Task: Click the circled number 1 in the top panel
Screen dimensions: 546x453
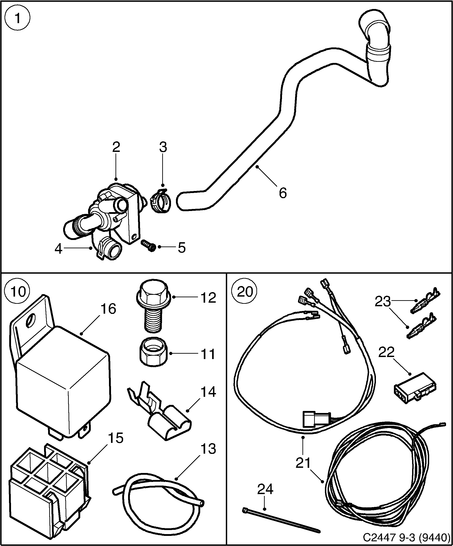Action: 18,18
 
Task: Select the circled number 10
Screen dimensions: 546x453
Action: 18,291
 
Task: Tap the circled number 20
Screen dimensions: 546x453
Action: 245,291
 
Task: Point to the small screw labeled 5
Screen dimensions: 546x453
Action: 149,245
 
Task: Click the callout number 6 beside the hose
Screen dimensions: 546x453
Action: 282,193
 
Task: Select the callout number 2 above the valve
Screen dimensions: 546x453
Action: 116,147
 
